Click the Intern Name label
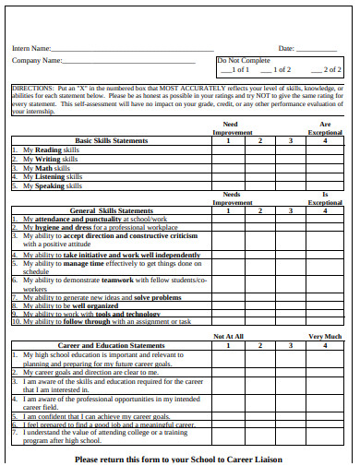point(31,48)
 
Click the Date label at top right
point(286,48)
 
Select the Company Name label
point(37,60)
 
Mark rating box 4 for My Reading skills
point(324,149)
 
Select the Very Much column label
point(324,337)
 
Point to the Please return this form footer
point(178,459)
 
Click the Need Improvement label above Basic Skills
point(230,126)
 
